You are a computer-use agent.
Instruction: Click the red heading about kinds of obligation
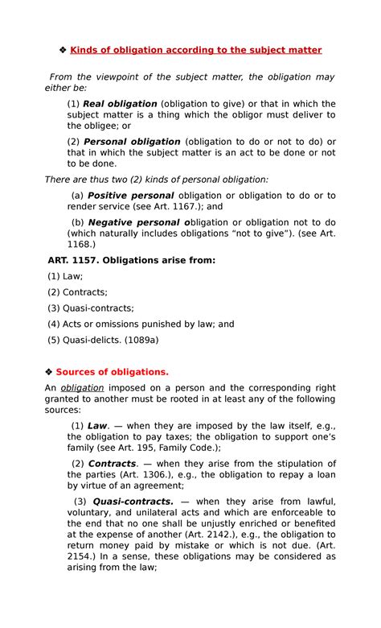[195, 50]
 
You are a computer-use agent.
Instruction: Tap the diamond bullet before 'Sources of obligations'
[49, 372]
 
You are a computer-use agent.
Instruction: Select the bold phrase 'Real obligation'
[119, 104]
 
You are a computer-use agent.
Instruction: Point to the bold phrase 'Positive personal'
[130, 196]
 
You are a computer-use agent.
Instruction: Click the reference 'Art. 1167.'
[166, 206]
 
